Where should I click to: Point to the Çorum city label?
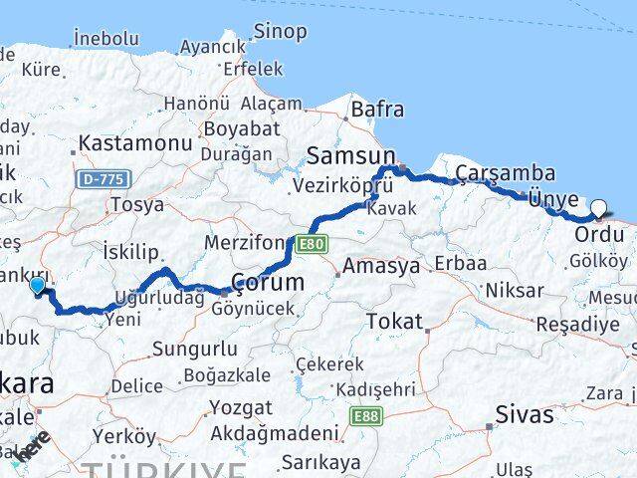[268, 282]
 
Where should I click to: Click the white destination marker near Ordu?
[599, 207]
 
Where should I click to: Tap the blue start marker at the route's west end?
[38, 286]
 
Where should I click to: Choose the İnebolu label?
[106, 38]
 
